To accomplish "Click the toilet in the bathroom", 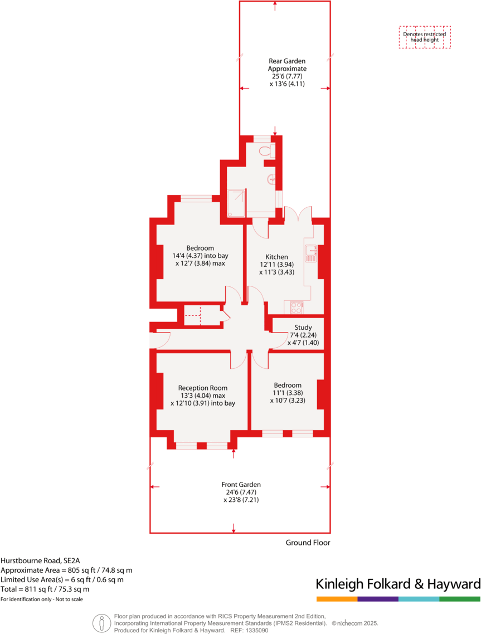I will [265, 150].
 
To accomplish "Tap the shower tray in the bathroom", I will [236, 203].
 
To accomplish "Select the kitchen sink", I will [311, 253].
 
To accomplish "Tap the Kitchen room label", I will [276, 257].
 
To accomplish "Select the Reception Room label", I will [203, 388].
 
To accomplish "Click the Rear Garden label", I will [287, 61].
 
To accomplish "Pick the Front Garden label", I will [241, 485].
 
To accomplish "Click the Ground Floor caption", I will [308, 542].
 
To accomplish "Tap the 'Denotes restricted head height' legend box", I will [425, 37].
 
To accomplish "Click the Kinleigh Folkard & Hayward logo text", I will [398, 584].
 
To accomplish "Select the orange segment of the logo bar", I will [337, 599].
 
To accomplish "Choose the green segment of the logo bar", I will [460, 599].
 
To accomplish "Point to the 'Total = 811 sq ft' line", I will [45, 589].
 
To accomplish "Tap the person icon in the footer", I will [101, 622].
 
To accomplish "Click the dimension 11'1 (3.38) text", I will [288, 392].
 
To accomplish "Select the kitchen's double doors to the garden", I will [298, 213].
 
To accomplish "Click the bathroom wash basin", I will [272, 179].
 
